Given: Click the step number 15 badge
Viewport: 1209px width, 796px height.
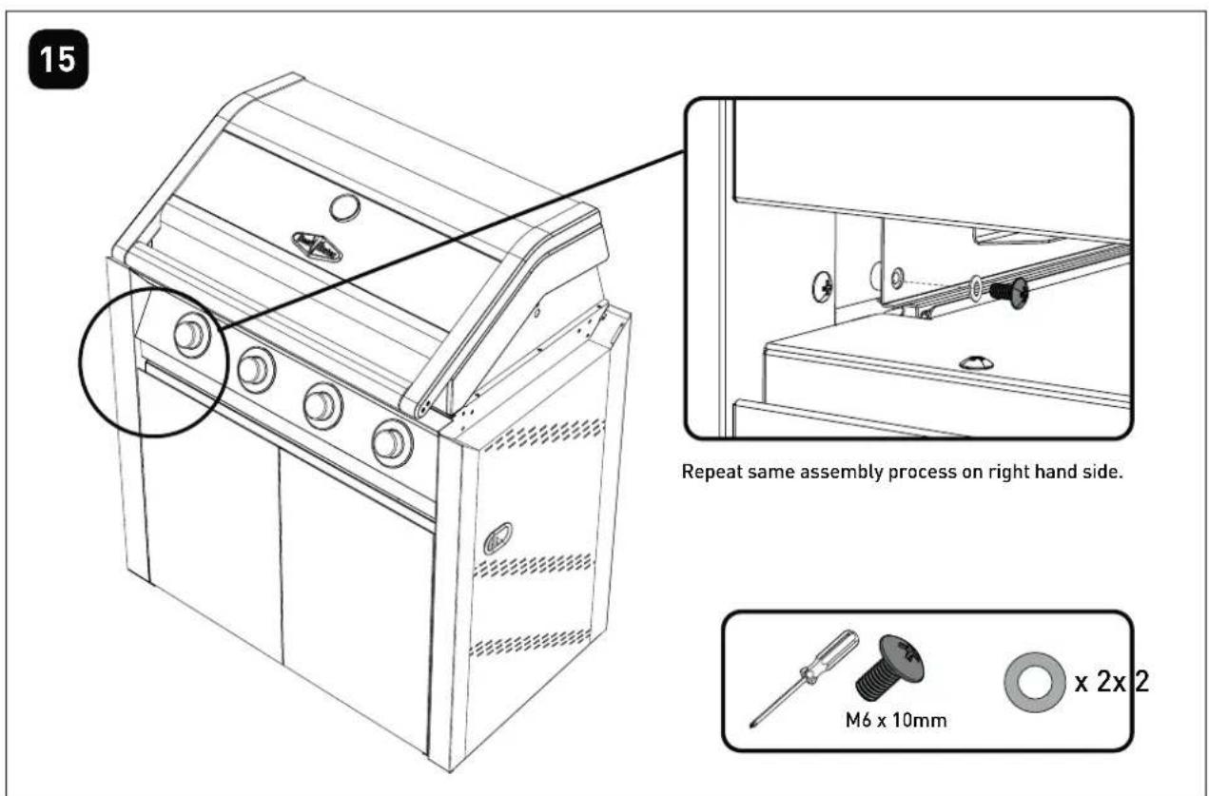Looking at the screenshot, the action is coord(58,59).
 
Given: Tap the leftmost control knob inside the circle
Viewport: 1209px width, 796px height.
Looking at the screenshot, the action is coord(191,335).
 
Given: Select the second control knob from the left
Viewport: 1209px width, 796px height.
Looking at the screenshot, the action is coord(257,370).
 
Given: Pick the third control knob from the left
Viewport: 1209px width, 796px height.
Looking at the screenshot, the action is coord(322,406).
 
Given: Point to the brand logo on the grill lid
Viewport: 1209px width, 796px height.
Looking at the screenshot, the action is coord(318,246).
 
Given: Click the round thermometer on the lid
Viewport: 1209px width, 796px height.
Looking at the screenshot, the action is coord(344,207).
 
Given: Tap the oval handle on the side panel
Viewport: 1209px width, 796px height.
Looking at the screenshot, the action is coord(497,538).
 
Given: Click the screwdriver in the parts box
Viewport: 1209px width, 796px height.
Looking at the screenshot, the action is coord(804,678).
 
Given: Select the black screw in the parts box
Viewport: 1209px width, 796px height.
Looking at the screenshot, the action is coord(889,667).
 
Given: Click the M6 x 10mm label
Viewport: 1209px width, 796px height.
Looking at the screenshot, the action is coord(896,720).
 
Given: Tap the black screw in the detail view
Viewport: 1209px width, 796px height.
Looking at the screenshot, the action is coord(1010,293).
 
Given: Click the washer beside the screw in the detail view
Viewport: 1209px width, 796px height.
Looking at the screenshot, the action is coord(976,287).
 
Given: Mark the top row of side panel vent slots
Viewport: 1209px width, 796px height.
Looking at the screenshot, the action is coord(543,435).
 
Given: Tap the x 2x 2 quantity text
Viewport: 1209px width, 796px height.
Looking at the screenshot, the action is coord(1112,682).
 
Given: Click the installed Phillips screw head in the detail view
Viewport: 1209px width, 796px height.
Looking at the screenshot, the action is coord(823,286).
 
